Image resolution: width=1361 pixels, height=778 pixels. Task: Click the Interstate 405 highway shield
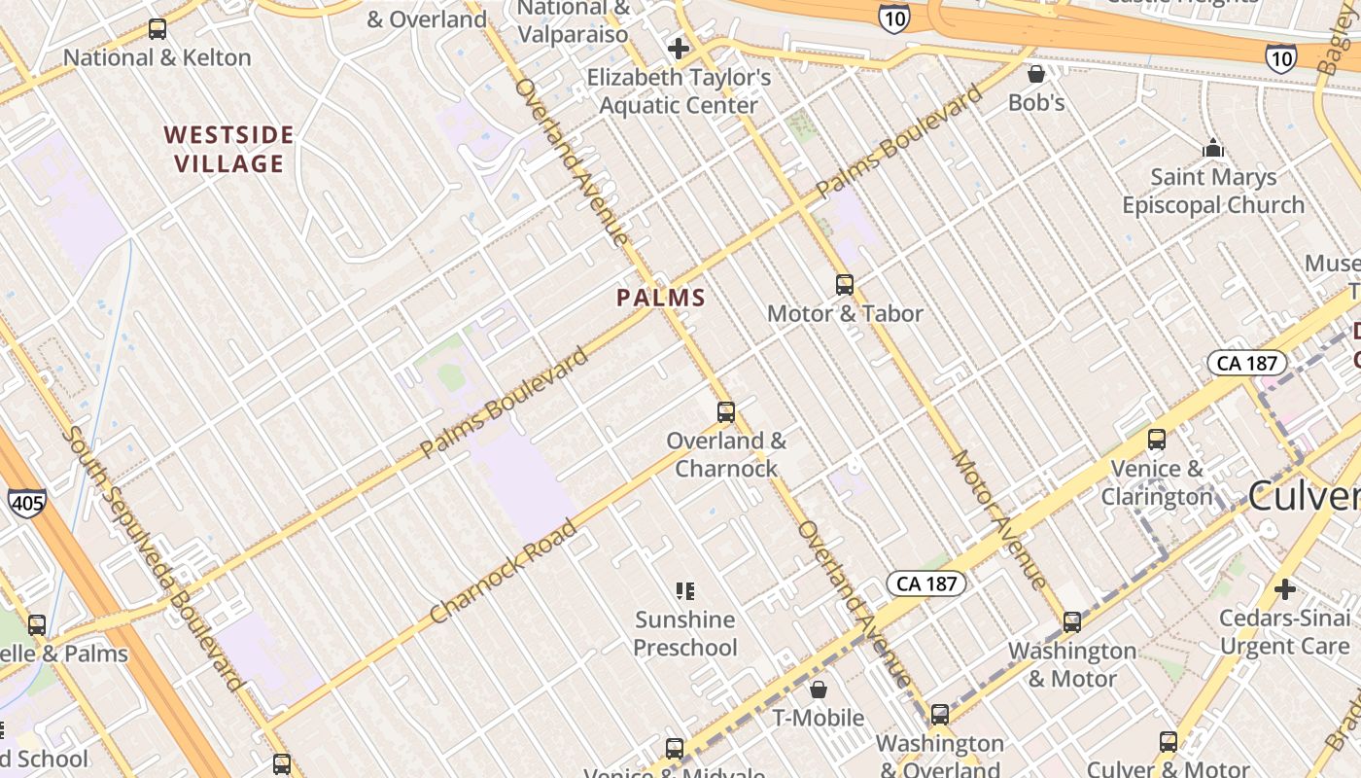(26, 503)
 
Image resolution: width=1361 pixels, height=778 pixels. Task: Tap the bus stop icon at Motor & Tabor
(845, 285)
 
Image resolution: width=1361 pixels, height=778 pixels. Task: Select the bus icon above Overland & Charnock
(726, 412)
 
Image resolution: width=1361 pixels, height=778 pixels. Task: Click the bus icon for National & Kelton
(157, 29)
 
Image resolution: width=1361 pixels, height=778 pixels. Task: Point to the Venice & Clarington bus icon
(1157, 440)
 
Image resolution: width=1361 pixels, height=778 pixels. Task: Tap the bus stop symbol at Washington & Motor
(1072, 621)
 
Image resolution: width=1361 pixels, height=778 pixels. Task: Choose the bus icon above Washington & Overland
(940, 715)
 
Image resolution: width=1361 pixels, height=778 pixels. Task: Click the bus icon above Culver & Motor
(1169, 742)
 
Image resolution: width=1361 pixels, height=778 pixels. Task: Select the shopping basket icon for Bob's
(1036, 74)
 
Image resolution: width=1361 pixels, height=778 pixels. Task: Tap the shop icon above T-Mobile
(819, 690)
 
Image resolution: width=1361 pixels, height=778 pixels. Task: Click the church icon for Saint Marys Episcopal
(1213, 149)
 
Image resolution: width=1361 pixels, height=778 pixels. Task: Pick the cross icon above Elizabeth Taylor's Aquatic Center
(679, 49)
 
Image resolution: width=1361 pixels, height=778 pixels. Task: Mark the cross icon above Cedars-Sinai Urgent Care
(1285, 589)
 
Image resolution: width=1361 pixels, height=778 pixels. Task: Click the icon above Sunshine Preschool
(685, 590)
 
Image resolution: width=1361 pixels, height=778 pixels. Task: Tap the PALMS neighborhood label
(661, 298)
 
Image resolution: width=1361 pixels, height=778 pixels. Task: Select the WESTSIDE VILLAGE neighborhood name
(229, 149)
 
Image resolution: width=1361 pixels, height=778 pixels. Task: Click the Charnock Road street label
(504, 572)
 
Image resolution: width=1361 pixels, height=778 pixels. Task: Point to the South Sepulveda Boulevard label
(155, 558)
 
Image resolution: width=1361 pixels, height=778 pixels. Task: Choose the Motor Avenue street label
(1000, 519)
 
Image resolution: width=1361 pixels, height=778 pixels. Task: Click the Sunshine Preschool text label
(685, 633)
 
